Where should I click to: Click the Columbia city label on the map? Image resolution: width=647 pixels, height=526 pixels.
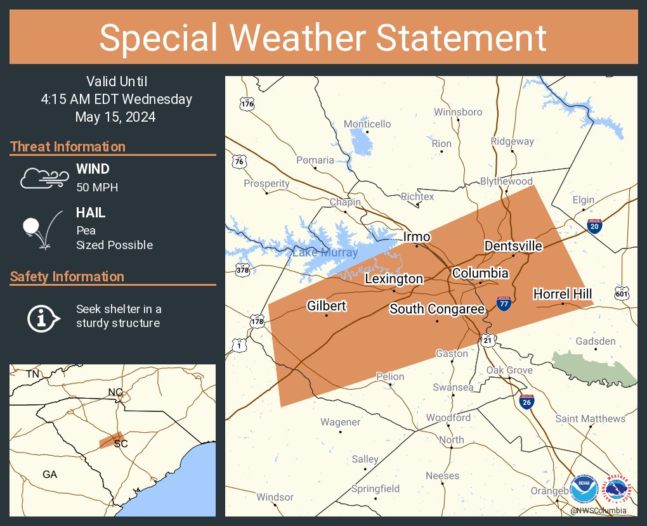coord(480,273)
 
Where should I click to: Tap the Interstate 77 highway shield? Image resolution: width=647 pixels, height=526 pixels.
coord(504,304)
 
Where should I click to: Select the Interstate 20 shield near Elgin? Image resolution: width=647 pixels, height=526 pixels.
coord(594,226)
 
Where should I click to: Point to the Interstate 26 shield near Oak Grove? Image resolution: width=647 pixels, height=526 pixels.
coord(527,401)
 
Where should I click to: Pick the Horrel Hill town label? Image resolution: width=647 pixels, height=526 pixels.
coord(563,293)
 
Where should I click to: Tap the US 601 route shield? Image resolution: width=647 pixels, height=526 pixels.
coord(622,293)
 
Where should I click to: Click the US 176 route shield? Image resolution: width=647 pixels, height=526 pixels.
coord(247,104)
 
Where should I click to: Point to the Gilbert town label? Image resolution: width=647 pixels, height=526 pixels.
coord(327,306)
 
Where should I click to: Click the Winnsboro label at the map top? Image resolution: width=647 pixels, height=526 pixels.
coord(458,112)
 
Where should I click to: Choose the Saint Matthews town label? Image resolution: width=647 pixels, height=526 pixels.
coord(590,418)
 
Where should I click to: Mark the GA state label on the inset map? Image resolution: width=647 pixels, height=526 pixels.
coord(49,474)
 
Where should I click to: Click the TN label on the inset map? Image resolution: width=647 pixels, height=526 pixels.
coord(32,375)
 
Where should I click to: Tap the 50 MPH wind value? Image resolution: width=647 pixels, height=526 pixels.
coord(97,188)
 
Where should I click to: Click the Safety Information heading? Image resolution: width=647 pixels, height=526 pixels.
coord(67,276)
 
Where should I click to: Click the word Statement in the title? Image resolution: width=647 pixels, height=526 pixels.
coord(461,38)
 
